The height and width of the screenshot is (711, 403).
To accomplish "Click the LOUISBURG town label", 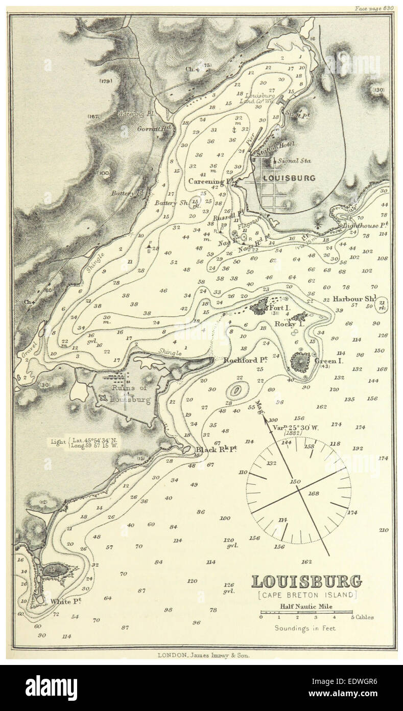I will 289,177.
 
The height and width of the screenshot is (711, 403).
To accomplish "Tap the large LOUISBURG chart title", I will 306,581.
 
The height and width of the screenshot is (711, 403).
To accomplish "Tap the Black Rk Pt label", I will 217,450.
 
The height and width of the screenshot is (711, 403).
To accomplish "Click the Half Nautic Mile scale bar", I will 306,612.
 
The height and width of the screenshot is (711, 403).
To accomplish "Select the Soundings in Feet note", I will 305,628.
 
